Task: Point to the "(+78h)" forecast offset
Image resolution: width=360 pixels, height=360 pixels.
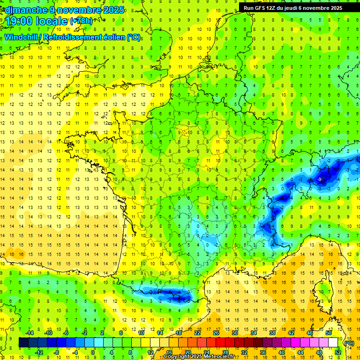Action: coord(81,21)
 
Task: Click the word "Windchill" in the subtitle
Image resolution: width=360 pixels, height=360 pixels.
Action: coord(23,37)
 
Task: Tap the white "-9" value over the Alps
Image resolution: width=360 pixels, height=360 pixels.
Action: coord(319,180)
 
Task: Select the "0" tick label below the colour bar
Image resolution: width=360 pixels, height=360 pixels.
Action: coord(93,352)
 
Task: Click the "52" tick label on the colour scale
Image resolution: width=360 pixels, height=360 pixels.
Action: coord(338,352)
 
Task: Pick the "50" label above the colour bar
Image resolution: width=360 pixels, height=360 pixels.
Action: coord(329,332)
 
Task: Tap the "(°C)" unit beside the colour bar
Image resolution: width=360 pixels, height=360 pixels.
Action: coord(349,343)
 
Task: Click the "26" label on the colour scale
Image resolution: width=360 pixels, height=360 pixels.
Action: coord(216,332)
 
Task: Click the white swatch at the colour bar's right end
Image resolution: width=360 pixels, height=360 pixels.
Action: coord(333,343)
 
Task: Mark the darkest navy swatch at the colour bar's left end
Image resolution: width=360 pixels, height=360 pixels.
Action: coord(23,343)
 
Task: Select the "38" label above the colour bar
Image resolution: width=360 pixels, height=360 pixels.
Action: coord(272,332)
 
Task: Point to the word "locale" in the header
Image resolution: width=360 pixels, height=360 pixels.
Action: coord(52,21)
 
